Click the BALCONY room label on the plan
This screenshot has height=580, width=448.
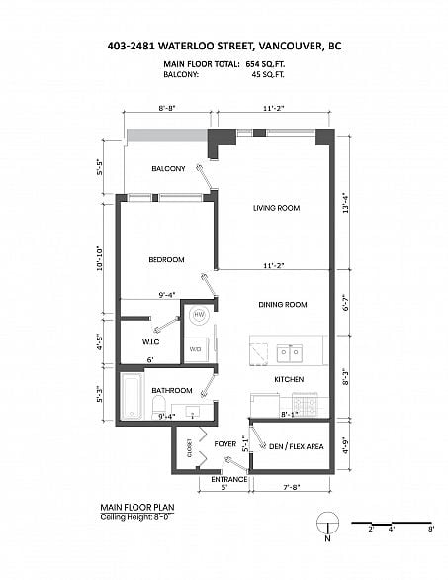(x=168, y=168)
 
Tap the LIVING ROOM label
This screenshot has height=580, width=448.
(x=277, y=208)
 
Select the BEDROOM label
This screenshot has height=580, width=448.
(x=166, y=260)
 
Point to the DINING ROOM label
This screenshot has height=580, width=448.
(x=283, y=305)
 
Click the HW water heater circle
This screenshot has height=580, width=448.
(x=199, y=315)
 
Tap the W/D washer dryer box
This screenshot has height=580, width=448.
(x=196, y=349)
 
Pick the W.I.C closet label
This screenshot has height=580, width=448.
(x=150, y=341)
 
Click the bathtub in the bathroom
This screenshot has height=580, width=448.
(x=132, y=396)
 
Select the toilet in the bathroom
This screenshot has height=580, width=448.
(x=159, y=407)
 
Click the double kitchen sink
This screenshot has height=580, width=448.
(x=290, y=353)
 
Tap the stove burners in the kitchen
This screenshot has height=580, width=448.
(x=305, y=404)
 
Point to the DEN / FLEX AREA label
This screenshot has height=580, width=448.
(x=297, y=446)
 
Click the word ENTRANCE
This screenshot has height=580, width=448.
(x=229, y=479)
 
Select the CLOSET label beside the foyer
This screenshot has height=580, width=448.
(x=189, y=448)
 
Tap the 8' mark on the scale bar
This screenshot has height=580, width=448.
(x=431, y=529)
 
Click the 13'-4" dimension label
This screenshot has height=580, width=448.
(x=346, y=203)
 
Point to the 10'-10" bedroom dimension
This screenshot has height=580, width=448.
(x=100, y=258)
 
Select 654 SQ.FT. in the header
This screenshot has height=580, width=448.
(x=265, y=64)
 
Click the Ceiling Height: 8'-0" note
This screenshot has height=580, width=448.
(x=134, y=517)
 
